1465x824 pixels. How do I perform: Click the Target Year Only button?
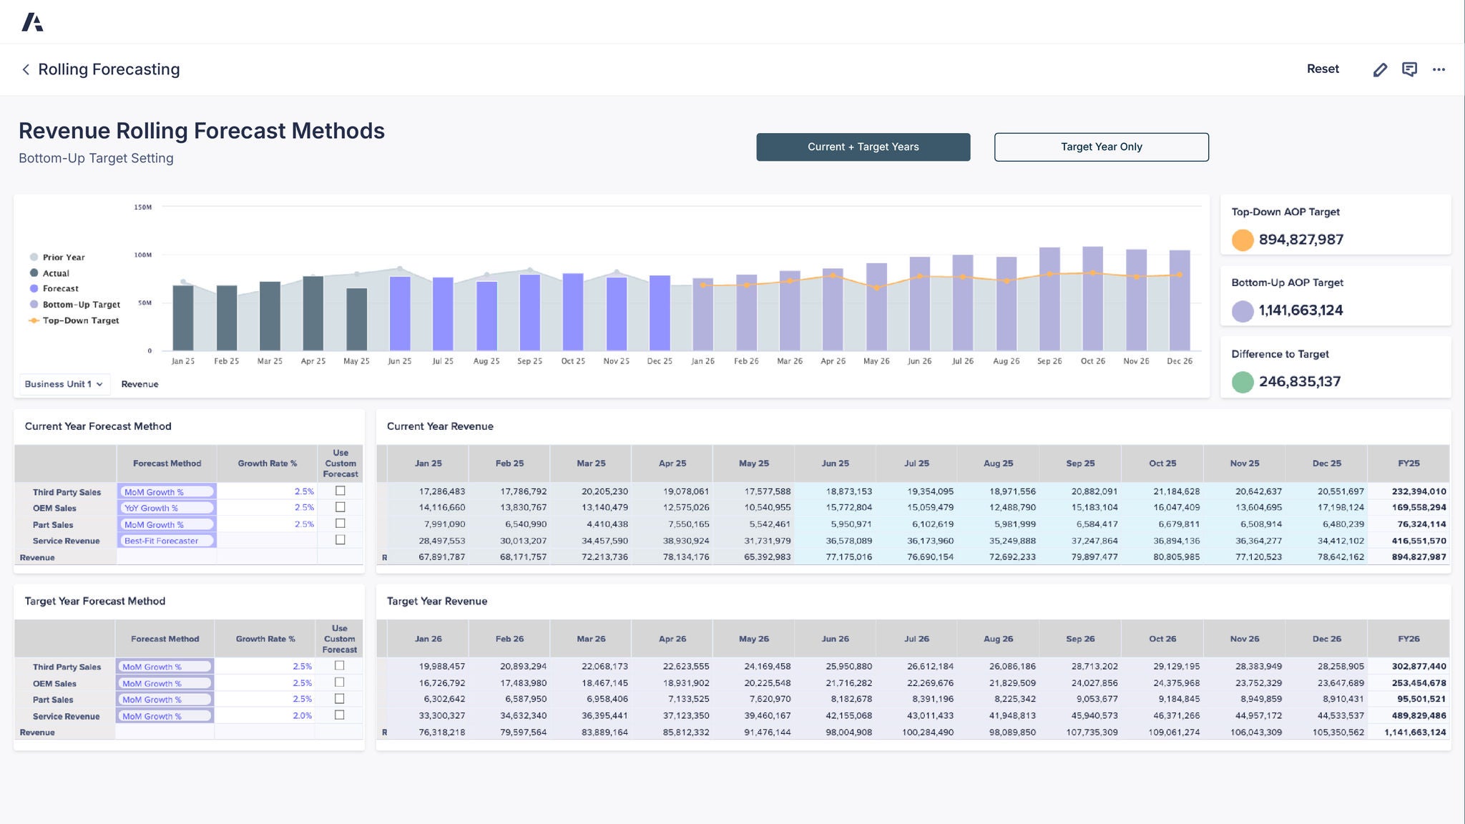(1101, 147)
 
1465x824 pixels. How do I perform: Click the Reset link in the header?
(1323, 69)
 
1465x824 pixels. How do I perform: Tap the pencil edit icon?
(1380, 69)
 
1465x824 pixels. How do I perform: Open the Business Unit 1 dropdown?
(64, 384)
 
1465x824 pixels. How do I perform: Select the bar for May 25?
(356, 319)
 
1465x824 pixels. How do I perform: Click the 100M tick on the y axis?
(143, 255)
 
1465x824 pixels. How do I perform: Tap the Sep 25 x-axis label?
(529, 361)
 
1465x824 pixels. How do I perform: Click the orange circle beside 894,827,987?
(1243, 240)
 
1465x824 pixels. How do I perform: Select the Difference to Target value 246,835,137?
(1299, 381)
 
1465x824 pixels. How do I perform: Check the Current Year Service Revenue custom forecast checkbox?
(340, 540)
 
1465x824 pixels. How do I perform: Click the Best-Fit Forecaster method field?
(166, 541)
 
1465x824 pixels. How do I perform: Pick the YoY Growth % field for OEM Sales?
(166, 508)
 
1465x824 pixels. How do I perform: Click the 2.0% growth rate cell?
(302, 715)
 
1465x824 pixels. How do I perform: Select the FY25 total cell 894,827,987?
(1419, 557)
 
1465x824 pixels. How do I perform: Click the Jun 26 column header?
(835, 639)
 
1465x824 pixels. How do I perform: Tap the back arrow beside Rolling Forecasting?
(26, 69)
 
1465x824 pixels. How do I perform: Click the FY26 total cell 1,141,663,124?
(1415, 732)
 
